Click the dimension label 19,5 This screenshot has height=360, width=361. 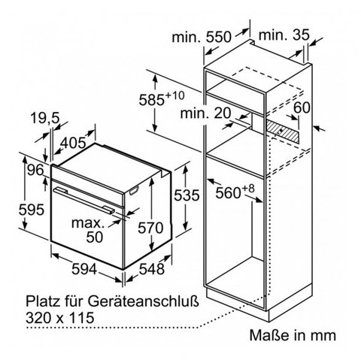(44, 118)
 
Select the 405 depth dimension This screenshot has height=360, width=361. (73, 143)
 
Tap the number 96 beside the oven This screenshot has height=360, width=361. (35, 171)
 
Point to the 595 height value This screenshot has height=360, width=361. (32, 210)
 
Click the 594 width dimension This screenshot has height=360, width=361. (84, 269)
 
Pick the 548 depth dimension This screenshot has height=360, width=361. (152, 269)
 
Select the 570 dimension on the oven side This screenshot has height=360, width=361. (150, 228)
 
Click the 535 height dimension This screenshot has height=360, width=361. (187, 195)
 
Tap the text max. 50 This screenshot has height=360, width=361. (88, 230)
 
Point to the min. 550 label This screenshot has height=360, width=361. (202, 37)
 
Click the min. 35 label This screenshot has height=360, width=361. (284, 35)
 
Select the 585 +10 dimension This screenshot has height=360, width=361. (162, 98)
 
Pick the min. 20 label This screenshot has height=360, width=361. (205, 113)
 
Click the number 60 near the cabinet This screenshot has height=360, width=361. (302, 107)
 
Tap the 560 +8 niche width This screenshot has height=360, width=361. (235, 192)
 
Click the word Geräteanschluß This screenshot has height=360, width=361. (143, 301)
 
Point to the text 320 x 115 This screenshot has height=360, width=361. (60, 318)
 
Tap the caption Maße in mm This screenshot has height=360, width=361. (293, 335)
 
